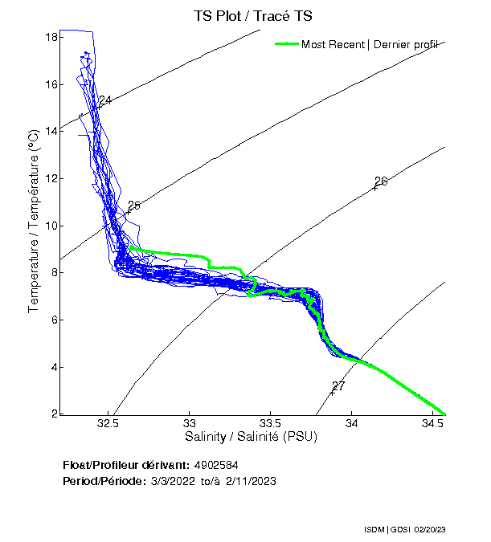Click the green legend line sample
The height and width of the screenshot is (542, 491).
click(286, 44)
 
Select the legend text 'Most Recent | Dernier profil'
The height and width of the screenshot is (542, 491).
click(369, 44)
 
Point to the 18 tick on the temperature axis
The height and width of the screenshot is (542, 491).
click(50, 37)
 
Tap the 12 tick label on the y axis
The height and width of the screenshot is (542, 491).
click(50, 178)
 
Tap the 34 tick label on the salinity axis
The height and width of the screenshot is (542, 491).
click(352, 423)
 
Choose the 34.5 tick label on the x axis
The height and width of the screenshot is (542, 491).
click(432, 423)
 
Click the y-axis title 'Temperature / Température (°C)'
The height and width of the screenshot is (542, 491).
click(34, 222)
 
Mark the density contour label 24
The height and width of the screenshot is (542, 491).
click(104, 100)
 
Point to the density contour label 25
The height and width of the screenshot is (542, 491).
click(133, 206)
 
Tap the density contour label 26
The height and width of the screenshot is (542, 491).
click(381, 181)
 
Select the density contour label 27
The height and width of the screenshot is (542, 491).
click(338, 386)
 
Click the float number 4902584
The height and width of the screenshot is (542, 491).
click(216, 465)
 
